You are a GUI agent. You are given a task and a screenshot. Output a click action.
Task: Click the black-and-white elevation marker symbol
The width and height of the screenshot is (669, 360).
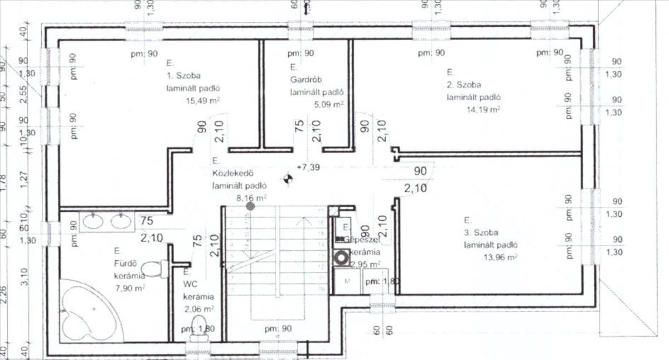click(x=288, y=179)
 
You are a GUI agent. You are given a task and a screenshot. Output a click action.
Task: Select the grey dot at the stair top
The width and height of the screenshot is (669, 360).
click(x=250, y=206)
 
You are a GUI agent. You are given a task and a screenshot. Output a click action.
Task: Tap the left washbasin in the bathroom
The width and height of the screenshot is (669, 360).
click(x=92, y=222)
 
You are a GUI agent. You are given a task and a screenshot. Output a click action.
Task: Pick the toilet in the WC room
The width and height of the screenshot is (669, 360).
click(x=198, y=328)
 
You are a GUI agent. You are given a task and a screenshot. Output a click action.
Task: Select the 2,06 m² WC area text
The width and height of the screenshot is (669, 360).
click(x=198, y=308)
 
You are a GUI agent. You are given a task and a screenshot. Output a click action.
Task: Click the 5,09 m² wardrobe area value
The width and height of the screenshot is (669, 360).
click(x=326, y=104)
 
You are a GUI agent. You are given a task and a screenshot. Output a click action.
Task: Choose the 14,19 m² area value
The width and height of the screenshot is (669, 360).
click(x=483, y=110)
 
